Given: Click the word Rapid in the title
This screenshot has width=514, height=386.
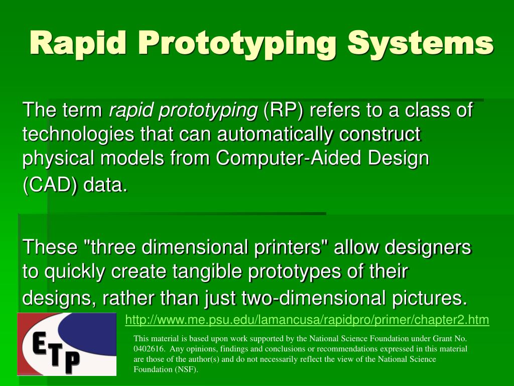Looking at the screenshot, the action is click(x=78, y=43).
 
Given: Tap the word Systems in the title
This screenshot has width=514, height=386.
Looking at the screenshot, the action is click(x=421, y=43).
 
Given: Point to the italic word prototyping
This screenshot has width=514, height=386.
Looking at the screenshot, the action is click(x=208, y=111).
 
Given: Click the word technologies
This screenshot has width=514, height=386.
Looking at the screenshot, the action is click(x=78, y=135).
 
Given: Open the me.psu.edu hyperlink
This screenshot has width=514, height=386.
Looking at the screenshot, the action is click(x=307, y=320).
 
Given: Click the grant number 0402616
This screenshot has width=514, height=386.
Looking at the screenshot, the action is click(x=149, y=349).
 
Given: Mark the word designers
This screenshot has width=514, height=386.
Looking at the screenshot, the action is click(x=428, y=247).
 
